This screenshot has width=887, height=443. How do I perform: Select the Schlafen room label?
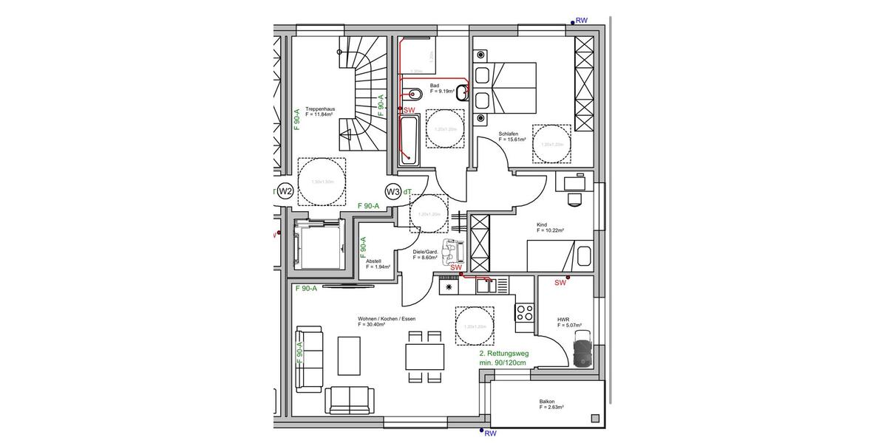point(512,137)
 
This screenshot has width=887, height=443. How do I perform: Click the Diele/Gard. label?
point(426,255)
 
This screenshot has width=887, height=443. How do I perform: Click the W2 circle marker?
point(285,192)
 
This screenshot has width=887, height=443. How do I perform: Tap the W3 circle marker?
point(394,192)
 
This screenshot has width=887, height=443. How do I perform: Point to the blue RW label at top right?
point(581,21)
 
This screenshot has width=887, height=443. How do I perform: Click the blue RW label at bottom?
point(490,433)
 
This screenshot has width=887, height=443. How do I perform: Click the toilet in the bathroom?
point(414,95)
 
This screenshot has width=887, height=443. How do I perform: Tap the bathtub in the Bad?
point(408,140)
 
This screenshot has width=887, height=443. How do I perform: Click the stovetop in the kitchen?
point(524,313)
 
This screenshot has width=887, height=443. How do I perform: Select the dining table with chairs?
point(425,357)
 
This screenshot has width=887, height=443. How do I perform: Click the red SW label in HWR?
point(560,282)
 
